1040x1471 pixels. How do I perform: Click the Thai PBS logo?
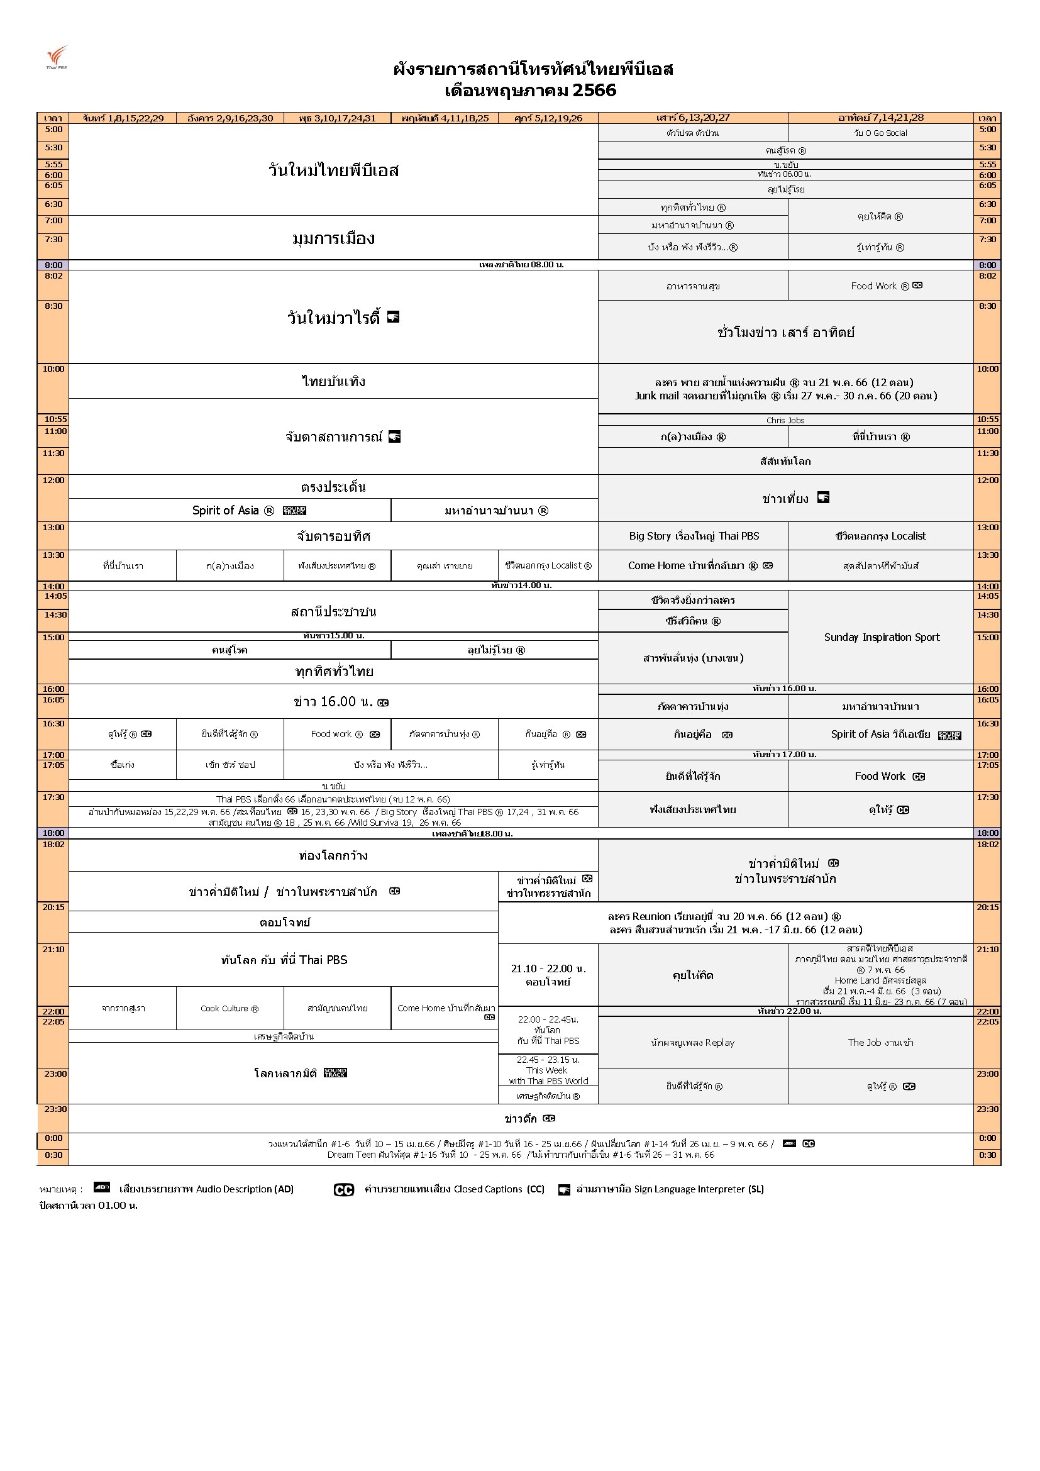57,57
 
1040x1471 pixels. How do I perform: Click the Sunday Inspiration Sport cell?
881,637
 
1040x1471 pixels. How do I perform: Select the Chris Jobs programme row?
785,420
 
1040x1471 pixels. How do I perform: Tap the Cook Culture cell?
230,1007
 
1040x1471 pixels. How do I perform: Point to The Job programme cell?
880,1042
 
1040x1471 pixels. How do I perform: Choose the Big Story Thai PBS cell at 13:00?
694,536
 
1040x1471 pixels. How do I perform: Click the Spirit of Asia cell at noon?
230,511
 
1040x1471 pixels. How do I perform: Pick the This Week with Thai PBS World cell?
548,1070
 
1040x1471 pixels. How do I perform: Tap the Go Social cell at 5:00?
880,133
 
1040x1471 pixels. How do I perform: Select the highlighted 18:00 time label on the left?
53,833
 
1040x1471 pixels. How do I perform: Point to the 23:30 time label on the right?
987,1108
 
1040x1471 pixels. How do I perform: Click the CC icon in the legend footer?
344,1190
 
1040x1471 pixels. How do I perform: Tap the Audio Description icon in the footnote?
102,1187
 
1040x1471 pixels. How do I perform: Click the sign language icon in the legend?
563,1190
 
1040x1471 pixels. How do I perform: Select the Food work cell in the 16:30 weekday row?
337,734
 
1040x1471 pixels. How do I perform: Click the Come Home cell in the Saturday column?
693,566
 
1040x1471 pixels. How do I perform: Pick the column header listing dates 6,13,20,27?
693,118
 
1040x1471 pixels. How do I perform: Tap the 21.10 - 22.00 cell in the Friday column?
548,974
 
